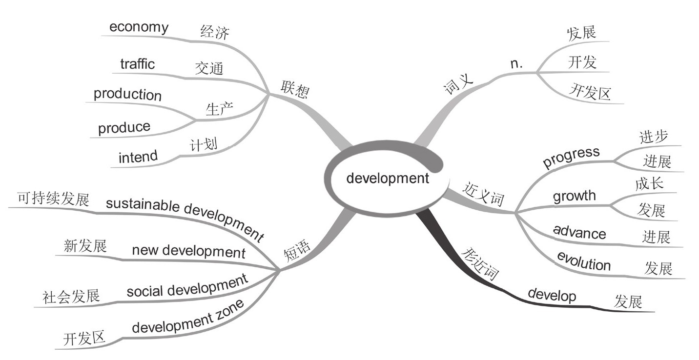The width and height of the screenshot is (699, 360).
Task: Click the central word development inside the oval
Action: click(388, 179)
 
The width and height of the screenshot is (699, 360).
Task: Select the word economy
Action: click(139, 27)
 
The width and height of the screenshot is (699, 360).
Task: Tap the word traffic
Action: click(137, 64)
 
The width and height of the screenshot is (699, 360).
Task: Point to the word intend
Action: click(138, 157)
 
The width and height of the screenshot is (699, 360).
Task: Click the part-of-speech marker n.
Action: click(516, 63)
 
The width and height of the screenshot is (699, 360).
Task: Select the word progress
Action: click(571, 157)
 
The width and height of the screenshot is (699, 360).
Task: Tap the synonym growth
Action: click(574, 196)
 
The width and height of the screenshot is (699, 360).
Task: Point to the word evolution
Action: click(584, 261)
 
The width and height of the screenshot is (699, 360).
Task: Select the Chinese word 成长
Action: click(649, 184)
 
